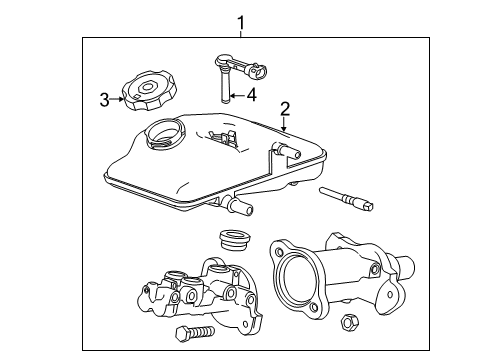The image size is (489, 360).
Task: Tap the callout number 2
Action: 286,109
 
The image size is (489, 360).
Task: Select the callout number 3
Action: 103,98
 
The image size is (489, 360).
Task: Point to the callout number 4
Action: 252,97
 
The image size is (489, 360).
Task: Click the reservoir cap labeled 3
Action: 146,93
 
